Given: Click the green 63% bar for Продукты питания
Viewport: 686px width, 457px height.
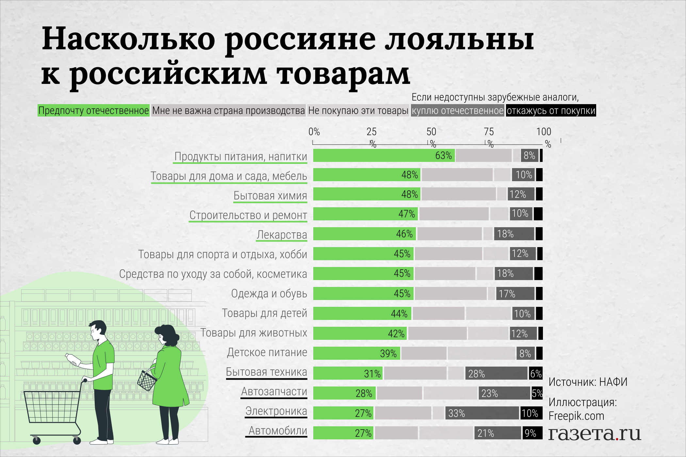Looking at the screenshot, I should [384, 155].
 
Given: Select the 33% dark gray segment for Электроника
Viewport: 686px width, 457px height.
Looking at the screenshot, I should [482, 413].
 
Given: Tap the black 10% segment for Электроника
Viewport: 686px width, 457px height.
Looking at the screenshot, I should [531, 413].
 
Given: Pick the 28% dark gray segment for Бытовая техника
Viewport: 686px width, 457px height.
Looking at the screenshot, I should [496, 373].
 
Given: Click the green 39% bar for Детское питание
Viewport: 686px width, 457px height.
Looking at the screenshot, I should [356, 354].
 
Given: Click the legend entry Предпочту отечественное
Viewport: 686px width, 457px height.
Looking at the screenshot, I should [93, 111].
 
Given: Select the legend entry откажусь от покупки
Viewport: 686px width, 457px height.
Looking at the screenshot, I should [551, 111].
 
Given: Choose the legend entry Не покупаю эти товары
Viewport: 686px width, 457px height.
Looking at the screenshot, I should [358, 111].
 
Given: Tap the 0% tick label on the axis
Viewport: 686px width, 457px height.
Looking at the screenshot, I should [314, 132].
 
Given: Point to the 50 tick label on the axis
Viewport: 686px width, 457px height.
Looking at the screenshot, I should [431, 132].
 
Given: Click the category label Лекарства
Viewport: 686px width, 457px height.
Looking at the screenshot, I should [282, 235].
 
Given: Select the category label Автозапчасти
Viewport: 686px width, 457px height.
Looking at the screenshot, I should [274, 391].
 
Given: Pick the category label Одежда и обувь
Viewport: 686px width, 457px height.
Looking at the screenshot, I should [269, 293].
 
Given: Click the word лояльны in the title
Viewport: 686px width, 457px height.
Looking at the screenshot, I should [459, 40].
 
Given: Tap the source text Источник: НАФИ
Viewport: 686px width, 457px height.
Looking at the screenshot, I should [588, 382].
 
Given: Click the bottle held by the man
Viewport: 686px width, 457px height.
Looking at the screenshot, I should [73, 359].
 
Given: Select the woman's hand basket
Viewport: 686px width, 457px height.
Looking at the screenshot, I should [147, 380].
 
